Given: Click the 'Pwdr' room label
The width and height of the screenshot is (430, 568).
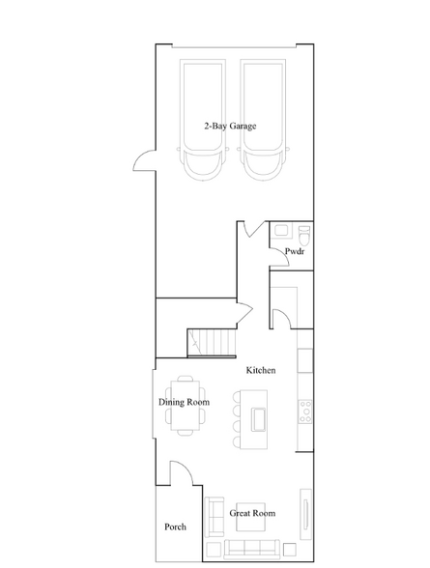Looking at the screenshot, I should (295, 251).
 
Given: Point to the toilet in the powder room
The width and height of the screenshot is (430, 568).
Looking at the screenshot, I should (303, 236).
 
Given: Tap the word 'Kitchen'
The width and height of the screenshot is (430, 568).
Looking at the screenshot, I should (261, 371).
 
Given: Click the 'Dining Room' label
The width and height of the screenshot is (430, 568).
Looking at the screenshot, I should (184, 402).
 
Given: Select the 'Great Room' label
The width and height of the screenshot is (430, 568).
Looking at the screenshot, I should (252, 513).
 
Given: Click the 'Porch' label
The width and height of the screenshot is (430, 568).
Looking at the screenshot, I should (174, 526).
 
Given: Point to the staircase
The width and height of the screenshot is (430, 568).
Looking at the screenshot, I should (210, 342).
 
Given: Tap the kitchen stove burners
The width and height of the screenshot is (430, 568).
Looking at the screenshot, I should (305, 411).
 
